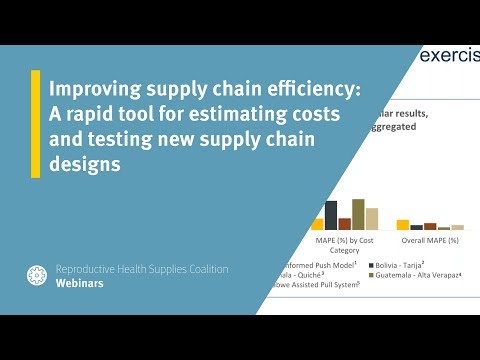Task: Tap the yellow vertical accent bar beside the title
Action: (x=36, y=124)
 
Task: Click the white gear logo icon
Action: (x=37, y=276)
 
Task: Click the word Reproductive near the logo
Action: (x=96, y=269)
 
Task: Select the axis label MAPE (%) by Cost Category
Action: (x=344, y=246)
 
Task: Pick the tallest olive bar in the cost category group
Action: (x=358, y=214)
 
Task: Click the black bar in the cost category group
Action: (x=331, y=216)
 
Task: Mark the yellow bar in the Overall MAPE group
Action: (x=403, y=225)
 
